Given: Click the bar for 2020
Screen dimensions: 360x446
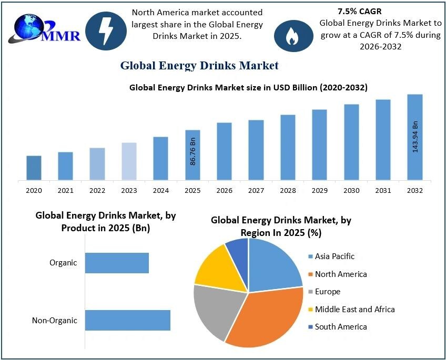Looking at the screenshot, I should pos(34,168).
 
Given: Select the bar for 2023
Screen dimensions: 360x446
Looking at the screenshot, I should pos(129,161).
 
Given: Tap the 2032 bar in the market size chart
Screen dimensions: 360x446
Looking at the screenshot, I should pos(415,137).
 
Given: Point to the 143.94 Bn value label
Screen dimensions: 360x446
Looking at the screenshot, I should pos(415,137).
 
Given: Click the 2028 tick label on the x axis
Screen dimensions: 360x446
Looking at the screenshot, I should pos(288,190).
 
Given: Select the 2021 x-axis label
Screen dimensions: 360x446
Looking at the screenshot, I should pos(65,190).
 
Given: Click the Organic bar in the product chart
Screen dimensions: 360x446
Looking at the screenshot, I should pos(117,263).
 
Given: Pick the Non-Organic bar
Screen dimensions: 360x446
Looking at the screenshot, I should pos(128,320).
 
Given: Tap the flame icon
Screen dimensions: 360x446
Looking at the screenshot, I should pos(291,35).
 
